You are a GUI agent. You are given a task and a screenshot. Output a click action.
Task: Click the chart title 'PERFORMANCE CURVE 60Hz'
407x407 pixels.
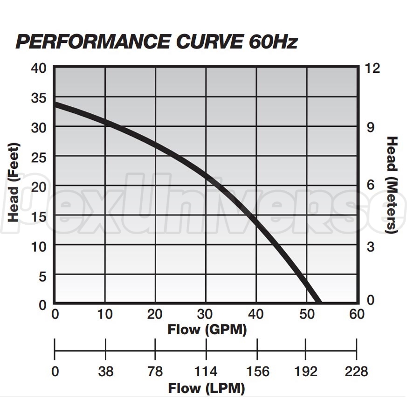157,41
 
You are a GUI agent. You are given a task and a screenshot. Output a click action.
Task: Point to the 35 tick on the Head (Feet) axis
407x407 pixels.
39,98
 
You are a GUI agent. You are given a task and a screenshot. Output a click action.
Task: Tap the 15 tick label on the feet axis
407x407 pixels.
39,216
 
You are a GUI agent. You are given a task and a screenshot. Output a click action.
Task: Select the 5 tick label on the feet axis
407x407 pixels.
42,276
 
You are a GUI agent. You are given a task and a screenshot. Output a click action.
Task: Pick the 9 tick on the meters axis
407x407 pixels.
371,127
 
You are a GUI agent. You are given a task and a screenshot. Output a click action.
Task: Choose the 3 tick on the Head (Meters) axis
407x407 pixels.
371,246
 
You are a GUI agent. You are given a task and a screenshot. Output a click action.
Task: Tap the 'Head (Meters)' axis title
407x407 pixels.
393,185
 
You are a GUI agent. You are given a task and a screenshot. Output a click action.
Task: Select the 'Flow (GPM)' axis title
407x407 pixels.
207,330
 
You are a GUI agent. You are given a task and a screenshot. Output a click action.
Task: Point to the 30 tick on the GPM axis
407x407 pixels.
206,314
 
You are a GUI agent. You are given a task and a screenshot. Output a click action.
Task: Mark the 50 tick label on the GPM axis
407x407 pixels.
306,314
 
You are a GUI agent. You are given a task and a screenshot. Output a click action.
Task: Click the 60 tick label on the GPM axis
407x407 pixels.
357,314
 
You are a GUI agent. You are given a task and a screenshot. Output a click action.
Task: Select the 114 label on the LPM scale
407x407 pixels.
206,372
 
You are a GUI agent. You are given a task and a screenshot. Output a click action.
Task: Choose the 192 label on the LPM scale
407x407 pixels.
306,372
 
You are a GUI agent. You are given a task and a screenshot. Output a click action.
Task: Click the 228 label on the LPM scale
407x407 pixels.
357,372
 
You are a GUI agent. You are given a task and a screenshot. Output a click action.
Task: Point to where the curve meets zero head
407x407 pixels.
318,302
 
